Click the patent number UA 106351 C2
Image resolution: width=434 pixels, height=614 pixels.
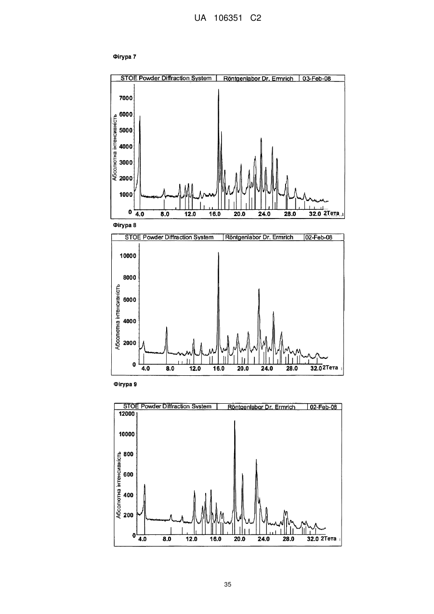click(227, 18)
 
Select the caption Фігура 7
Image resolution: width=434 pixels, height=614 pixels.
click(125, 57)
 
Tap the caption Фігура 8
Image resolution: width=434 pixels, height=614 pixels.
click(125, 225)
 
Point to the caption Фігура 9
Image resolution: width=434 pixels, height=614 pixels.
click(125, 384)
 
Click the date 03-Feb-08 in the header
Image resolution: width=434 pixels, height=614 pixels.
click(316, 79)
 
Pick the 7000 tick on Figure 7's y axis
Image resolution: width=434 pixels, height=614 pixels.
click(126, 98)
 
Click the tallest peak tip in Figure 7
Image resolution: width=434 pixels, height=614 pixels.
click(219, 89)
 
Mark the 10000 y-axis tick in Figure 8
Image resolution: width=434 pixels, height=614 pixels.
click(128, 256)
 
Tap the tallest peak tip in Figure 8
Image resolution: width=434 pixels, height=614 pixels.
click(219, 252)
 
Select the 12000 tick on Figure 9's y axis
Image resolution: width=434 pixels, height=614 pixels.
click(127, 414)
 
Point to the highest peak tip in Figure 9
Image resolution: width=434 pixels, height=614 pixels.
click(235, 421)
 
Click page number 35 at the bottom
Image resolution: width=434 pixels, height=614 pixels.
click(227, 585)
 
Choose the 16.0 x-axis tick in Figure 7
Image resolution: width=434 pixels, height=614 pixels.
click(215, 214)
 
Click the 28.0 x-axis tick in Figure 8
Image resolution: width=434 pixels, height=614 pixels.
click(292, 368)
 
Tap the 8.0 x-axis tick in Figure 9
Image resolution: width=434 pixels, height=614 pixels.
click(167, 539)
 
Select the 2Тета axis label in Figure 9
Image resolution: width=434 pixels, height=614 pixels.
click(329, 538)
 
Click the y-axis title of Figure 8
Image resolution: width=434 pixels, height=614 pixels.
click(118, 317)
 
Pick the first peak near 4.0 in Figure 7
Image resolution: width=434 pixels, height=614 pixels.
click(140, 116)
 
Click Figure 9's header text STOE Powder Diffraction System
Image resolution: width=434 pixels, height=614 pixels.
click(167, 407)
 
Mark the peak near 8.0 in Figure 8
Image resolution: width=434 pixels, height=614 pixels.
click(167, 327)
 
